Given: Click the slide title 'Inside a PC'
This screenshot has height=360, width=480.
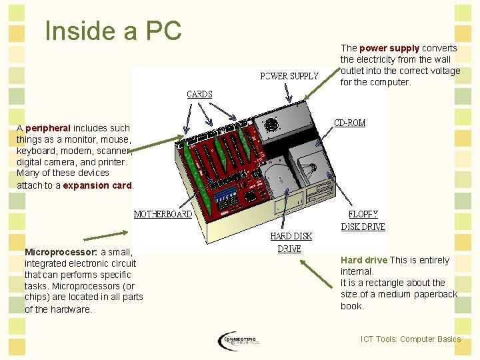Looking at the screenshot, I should click(113, 31).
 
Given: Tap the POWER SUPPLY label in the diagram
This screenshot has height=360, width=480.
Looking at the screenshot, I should click(289, 76).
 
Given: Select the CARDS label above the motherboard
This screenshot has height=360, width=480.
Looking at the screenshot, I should click(199, 95).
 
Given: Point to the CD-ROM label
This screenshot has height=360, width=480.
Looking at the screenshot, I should click(349, 123).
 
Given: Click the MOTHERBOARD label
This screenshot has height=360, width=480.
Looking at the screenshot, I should click(163, 215).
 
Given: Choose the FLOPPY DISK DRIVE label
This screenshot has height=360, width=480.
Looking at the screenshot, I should click(363, 221).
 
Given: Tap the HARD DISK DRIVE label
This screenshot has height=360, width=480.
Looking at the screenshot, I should click(291, 242).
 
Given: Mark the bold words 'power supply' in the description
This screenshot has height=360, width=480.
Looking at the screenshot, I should click(389, 48).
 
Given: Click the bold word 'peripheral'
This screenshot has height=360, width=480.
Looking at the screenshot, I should click(48, 127).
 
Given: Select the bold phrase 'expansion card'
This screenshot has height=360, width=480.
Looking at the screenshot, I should click(97, 185).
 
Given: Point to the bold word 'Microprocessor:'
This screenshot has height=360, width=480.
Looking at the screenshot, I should click(61, 252).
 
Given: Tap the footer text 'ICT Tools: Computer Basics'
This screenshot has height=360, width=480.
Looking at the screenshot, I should click(410, 339).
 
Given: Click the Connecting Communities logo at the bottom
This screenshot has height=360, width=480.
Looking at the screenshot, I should click(238, 341).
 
